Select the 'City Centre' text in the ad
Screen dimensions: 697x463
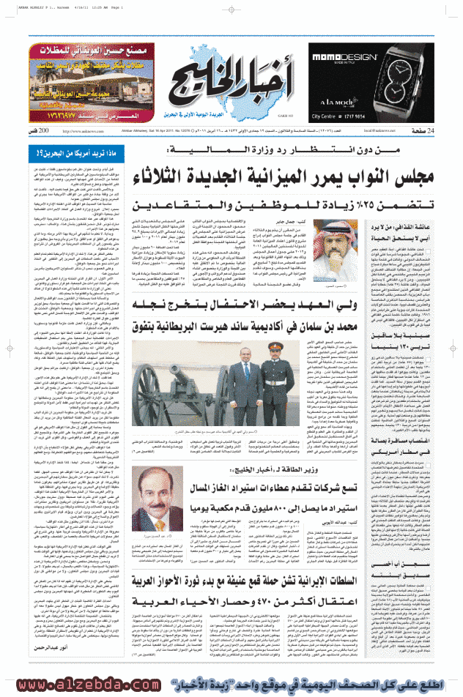(x=326, y=116)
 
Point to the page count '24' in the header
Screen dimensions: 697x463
(x=431, y=130)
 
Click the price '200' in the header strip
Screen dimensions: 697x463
(x=43, y=130)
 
